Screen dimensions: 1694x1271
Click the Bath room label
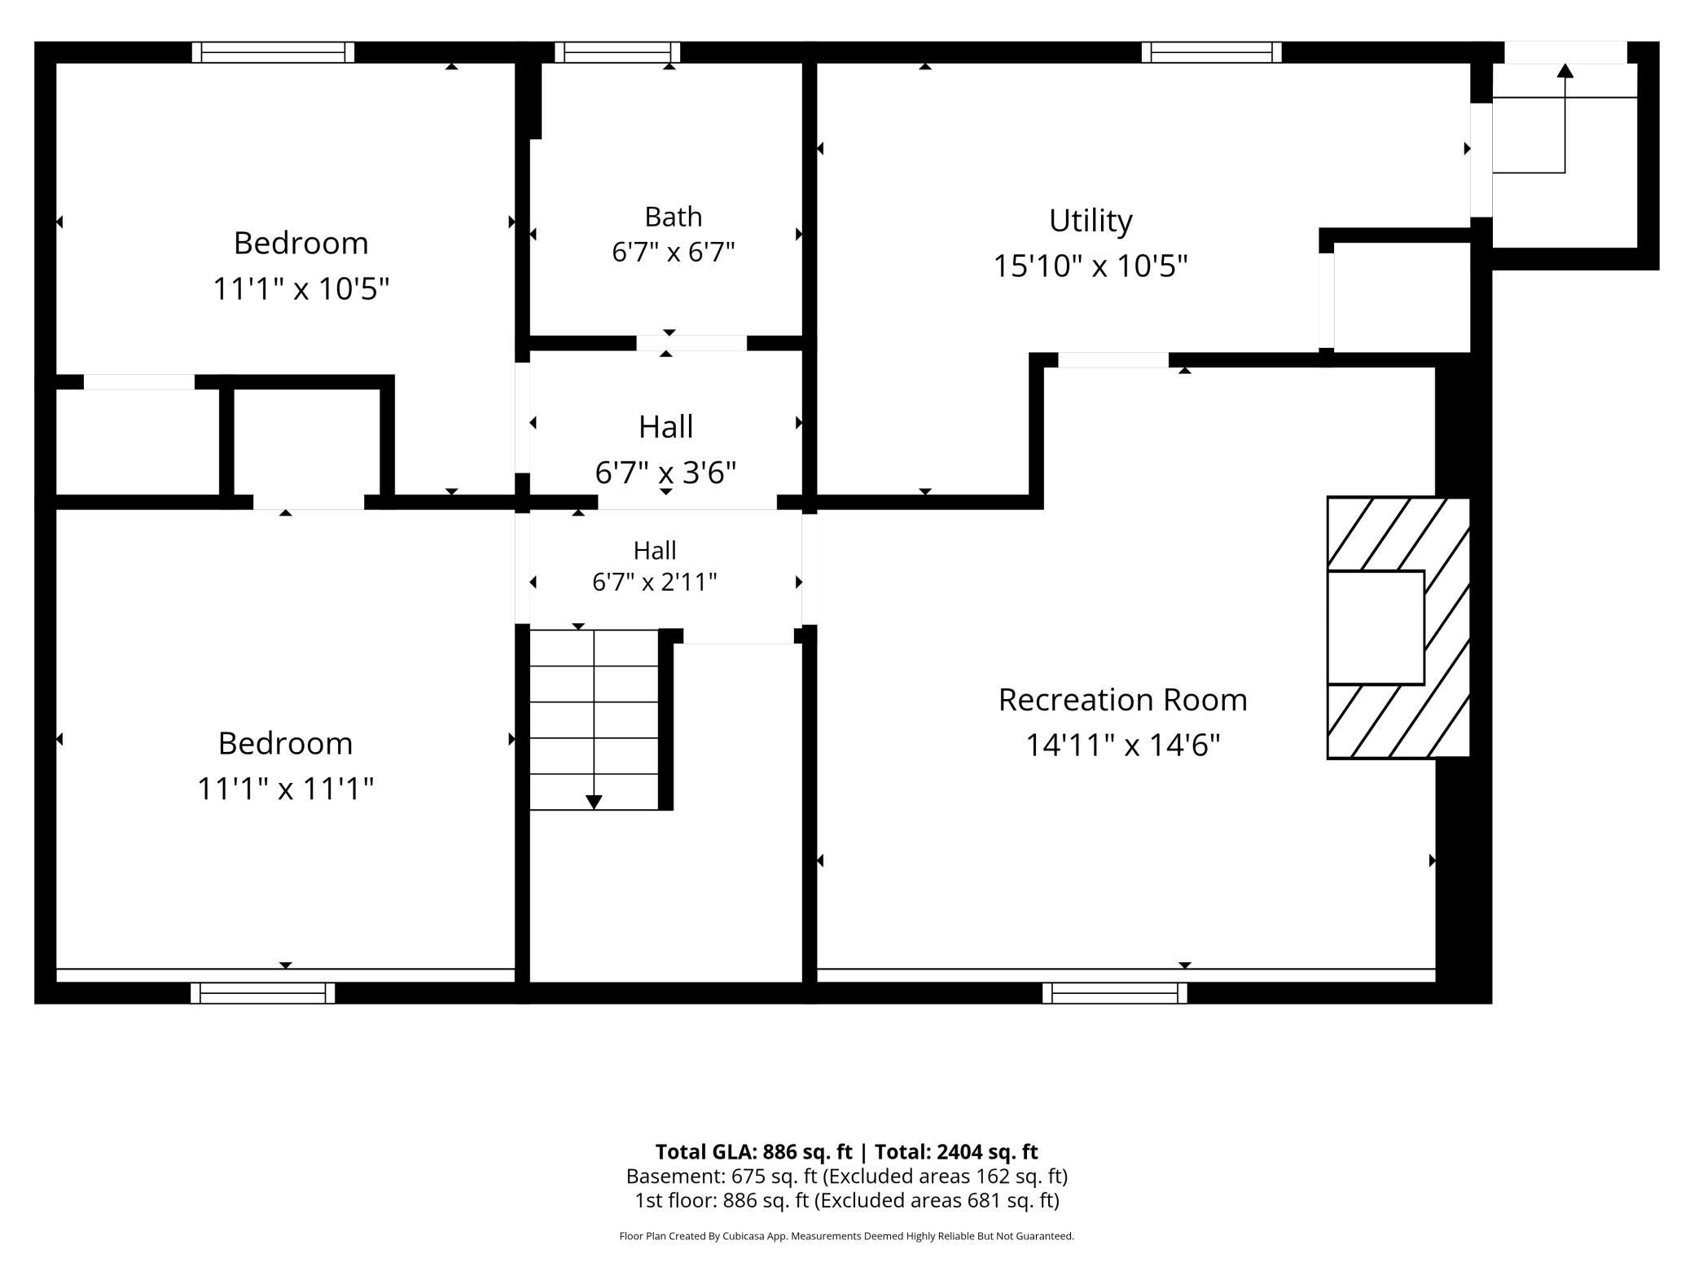(x=673, y=217)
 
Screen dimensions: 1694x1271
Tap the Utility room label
(x=1091, y=221)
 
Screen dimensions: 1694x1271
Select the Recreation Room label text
(x=1122, y=700)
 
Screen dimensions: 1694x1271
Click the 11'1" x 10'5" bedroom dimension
(x=301, y=288)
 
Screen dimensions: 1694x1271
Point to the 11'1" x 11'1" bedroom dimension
(x=285, y=789)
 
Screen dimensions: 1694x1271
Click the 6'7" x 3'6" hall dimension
(x=665, y=473)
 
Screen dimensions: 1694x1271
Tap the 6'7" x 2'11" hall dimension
(x=655, y=583)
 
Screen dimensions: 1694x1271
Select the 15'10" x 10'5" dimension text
(x=1091, y=266)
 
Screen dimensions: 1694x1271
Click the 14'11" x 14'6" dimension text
(x=1122, y=745)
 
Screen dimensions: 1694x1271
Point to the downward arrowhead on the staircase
(x=594, y=803)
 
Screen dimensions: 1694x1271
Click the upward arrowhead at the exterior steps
(x=1565, y=71)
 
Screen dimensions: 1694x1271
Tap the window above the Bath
(x=617, y=52)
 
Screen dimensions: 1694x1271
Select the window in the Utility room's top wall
(x=1211, y=52)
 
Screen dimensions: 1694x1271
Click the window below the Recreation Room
(x=1114, y=993)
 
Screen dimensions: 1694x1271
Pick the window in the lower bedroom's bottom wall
(x=262, y=993)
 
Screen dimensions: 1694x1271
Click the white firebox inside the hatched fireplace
(x=1376, y=627)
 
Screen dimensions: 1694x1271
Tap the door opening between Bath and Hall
(x=691, y=343)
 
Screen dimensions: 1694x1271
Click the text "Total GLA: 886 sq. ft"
(x=753, y=1151)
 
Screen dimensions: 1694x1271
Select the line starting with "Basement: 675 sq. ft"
(x=847, y=1176)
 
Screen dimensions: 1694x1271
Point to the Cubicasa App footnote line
(x=847, y=1236)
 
